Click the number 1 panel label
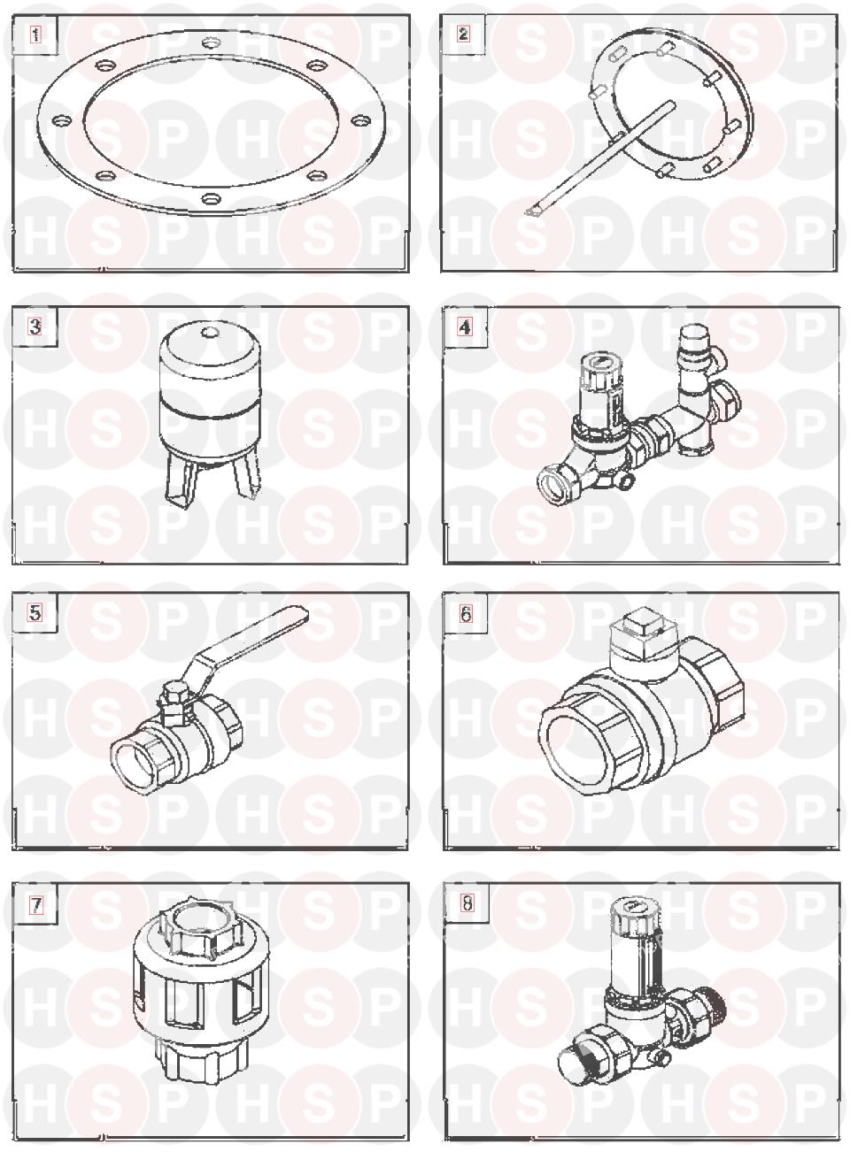point(35,35)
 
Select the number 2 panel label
point(463,34)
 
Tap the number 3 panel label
point(35,326)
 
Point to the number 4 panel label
point(465,327)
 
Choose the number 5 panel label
point(35,612)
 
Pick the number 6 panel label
point(466,613)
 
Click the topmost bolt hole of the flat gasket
point(211,42)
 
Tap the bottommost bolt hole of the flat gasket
point(211,197)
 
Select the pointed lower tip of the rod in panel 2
point(529,211)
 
